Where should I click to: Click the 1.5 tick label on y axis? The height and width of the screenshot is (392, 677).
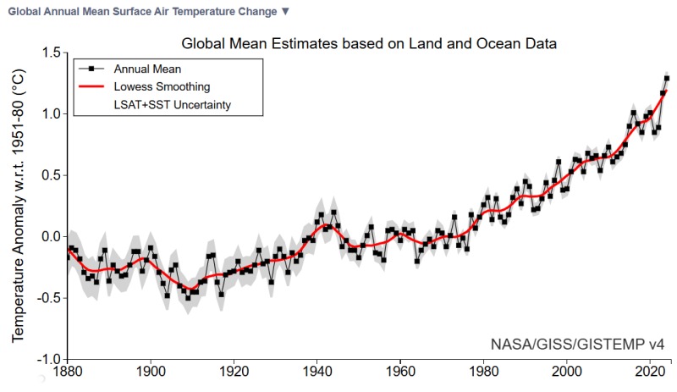point(52,53)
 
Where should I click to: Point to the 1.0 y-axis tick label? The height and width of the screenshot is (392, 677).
point(52,114)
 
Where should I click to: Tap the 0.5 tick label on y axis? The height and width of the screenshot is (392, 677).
point(52,175)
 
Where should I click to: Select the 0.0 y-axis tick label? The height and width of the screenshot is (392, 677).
point(52,236)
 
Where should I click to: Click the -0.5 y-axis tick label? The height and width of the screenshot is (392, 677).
point(49,297)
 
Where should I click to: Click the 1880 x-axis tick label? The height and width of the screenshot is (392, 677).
point(68,371)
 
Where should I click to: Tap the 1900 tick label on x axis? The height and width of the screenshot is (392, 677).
point(151,371)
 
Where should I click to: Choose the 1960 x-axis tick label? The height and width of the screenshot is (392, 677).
point(401,371)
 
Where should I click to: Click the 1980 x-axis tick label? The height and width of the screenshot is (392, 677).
point(484,371)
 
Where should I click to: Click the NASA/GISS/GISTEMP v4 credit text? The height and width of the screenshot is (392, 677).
point(577,345)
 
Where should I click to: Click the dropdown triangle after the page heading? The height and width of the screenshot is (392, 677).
point(285,11)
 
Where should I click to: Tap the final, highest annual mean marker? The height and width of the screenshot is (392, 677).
point(667,79)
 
